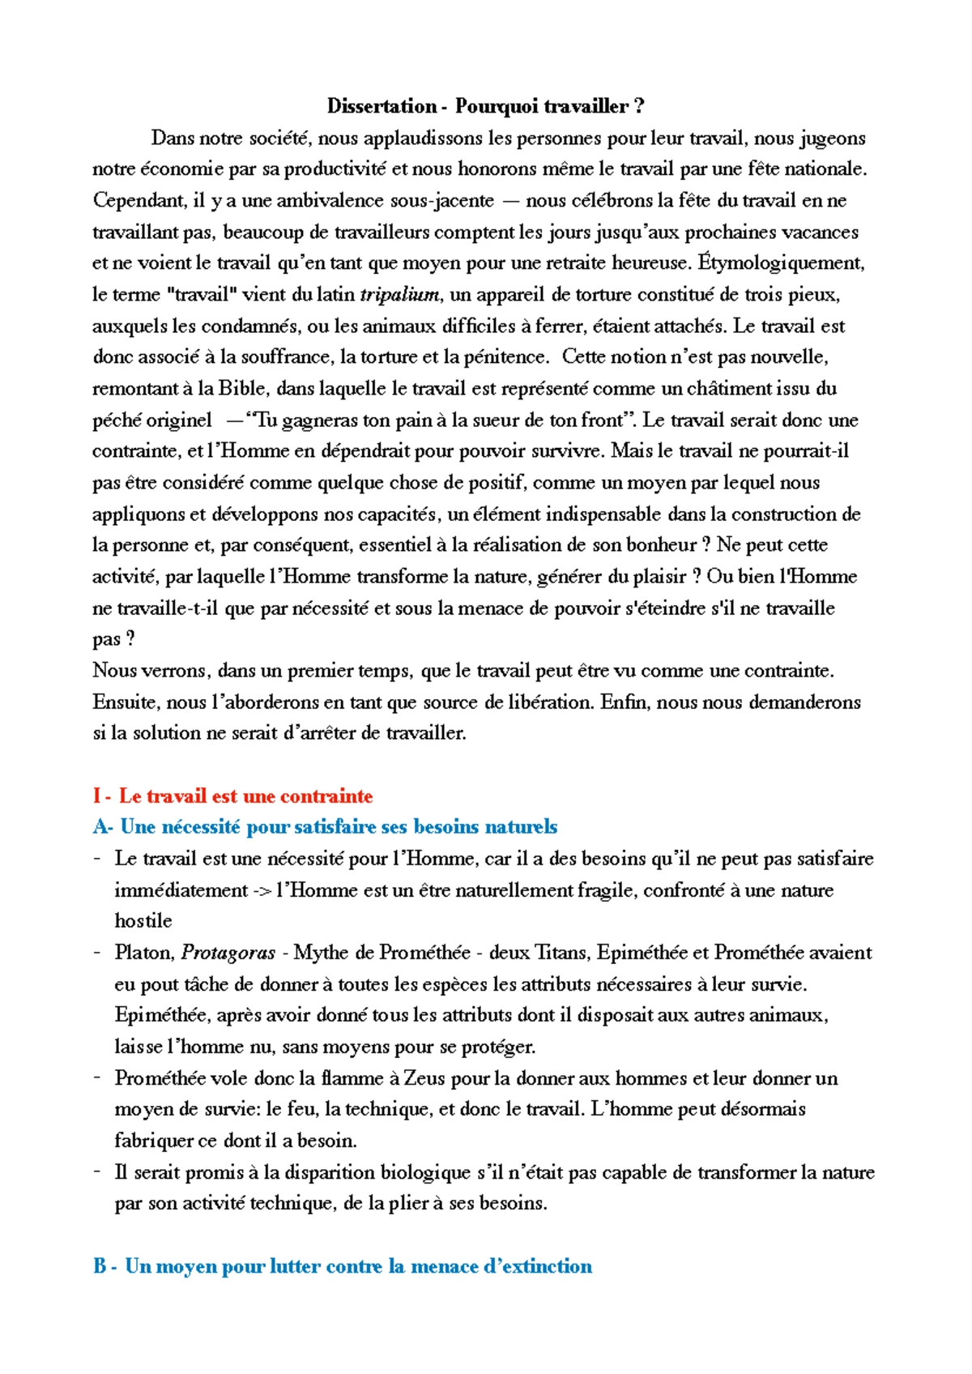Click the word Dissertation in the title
pos(382,106)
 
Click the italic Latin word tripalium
pos(399,295)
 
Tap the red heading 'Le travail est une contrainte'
pos(245,796)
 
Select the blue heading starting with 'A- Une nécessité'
pos(325,827)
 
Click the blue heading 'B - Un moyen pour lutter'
pos(342,1267)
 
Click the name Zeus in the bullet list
pos(424,1078)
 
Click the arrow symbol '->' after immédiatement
pos(261,891)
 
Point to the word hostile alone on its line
pos(143,921)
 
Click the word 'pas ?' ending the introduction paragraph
pos(113,640)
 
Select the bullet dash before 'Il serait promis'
pos(97,1171)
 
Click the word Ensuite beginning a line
pos(126,702)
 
